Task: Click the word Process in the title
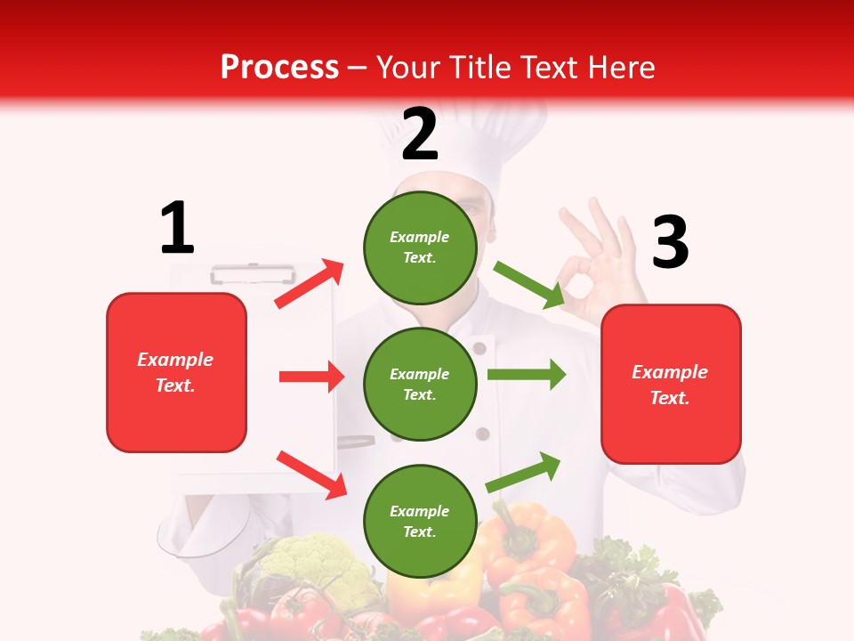pyautogui.click(x=279, y=67)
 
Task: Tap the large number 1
pyautogui.click(x=177, y=228)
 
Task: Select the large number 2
pyautogui.click(x=420, y=134)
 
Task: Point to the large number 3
pyautogui.click(x=670, y=243)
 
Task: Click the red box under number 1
pyautogui.click(x=176, y=372)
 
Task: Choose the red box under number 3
pyautogui.click(x=671, y=384)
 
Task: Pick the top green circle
pyautogui.click(x=420, y=247)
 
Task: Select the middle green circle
pyautogui.click(x=420, y=384)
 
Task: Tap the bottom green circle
pyautogui.click(x=420, y=521)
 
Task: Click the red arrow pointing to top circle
pyautogui.click(x=309, y=284)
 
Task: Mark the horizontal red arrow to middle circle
pyautogui.click(x=311, y=377)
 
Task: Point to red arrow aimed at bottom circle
pyautogui.click(x=311, y=474)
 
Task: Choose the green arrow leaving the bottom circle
pyautogui.click(x=524, y=472)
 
